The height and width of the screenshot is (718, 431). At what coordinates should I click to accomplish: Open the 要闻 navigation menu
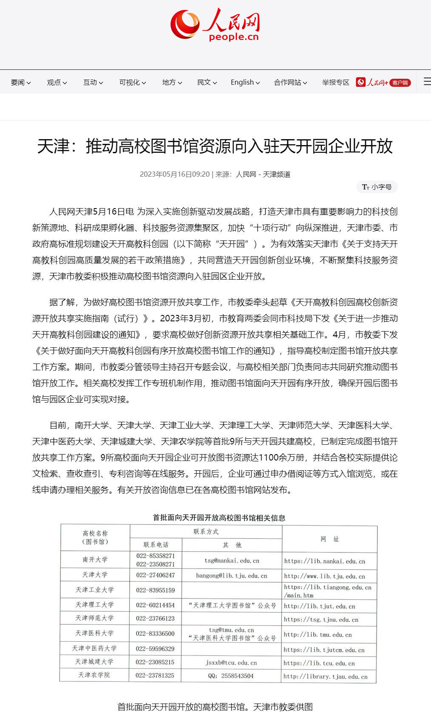(x=21, y=82)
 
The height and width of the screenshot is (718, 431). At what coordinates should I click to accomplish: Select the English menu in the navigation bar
(x=245, y=82)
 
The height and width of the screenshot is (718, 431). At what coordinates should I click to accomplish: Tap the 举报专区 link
(x=335, y=82)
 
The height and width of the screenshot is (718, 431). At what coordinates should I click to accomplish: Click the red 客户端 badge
(x=400, y=83)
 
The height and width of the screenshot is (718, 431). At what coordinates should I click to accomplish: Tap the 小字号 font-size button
(x=377, y=187)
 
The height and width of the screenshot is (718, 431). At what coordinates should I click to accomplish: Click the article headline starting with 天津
(x=215, y=146)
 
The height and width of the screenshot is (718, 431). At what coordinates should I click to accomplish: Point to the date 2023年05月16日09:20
(x=175, y=174)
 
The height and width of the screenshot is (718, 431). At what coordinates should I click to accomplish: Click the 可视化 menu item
(x=132, y=82)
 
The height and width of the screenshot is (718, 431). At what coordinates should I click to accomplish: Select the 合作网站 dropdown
(x=290, y=82)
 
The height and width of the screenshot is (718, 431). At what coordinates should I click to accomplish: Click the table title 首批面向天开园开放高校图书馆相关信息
(x=219, y=518)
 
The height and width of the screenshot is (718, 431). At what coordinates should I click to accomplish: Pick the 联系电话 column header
(x=156, y=545)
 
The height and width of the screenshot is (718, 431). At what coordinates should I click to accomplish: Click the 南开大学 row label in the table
(x=95, y=559)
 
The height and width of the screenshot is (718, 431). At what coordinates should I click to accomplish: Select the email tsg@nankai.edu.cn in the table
(x=232, y=561)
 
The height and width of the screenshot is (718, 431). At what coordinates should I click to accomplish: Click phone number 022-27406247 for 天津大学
(x=155, y=575)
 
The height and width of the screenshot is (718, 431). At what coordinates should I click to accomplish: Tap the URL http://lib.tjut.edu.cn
(x=319, y=606)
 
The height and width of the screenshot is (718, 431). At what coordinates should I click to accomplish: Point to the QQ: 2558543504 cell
(x=231, y=676)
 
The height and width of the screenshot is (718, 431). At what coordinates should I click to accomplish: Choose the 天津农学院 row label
(x=94, y=675)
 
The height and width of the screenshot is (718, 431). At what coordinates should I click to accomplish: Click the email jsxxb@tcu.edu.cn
(x=231, y=663)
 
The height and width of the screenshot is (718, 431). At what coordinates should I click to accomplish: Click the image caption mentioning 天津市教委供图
(x=215, y=707)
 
